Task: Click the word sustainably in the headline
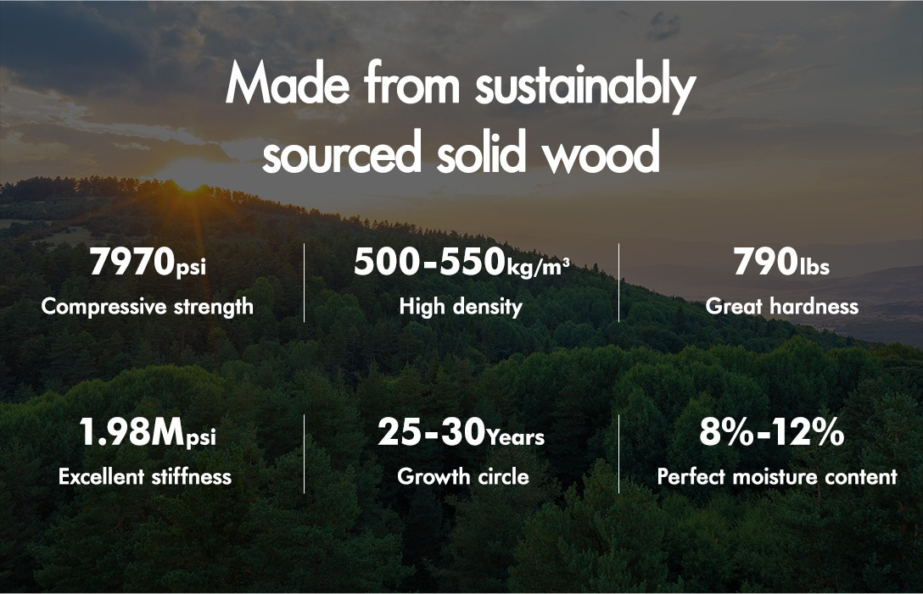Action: tap(585, 86)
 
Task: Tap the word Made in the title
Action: tap(288, 83)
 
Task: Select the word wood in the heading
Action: tap(601, 153)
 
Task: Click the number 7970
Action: tap(132, 262)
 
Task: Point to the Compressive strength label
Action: tap(147, 307)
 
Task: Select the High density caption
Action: tap(461, 307)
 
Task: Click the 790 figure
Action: tap(766, 262)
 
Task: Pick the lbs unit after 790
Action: tap(814, 266)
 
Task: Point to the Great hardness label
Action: tap(781, 307)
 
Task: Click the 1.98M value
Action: tap(131, 432)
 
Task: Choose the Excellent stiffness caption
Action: tap(145, 476)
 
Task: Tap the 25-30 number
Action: tap(432, 432)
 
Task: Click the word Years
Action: tap(516, 437)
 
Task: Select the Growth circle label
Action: tap(463, 476)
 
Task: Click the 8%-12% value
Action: tap(772, 432)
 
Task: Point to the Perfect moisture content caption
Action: tap(777, 476)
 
